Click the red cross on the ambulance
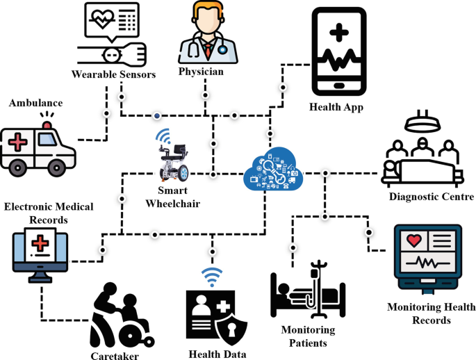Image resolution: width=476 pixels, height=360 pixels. coord(17,142)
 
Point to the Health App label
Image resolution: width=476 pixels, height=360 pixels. coord(336,107)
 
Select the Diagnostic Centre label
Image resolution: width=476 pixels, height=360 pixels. coord(430,197)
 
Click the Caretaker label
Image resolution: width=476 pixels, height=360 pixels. coord(114,355)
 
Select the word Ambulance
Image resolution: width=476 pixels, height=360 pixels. coord(35,103)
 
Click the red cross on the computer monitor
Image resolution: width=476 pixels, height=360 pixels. coord(41,245)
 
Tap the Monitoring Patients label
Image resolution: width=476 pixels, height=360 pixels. coord(308,336)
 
